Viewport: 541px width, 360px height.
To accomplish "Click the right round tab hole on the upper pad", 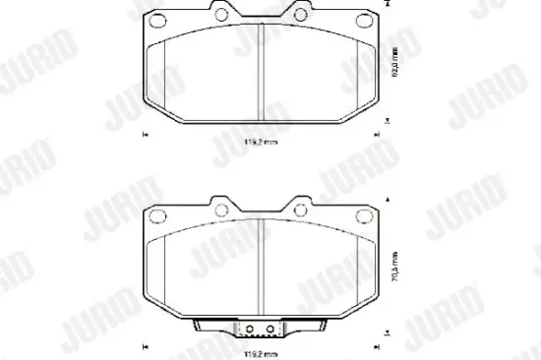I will click(x=301, y=15).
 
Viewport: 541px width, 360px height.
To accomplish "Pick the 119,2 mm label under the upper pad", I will click(x=262, y=144).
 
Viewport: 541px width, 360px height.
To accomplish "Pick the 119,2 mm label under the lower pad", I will click(x=262, y=352).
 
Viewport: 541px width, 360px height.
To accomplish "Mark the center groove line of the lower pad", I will click(x=262, y=266).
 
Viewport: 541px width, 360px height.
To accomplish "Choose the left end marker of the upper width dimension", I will click(x=145, y=135).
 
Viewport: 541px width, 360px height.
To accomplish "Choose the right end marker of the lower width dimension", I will click(x=380, y=344).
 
